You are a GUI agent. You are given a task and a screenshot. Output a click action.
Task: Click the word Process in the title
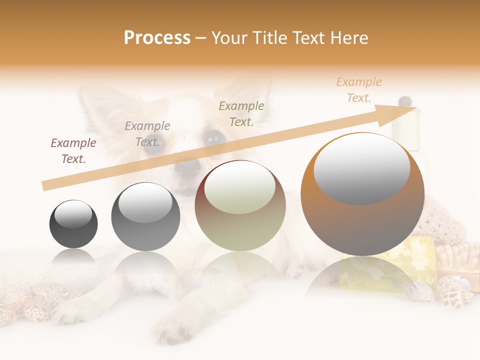coord(157,37)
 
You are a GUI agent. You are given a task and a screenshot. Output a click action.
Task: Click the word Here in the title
coord(348,37)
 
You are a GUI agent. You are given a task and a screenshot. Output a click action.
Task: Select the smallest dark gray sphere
coord(73,224)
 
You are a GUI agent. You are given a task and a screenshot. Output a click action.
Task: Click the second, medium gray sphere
coord(145,217)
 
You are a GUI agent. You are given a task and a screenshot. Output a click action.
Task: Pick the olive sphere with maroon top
coord(240,206)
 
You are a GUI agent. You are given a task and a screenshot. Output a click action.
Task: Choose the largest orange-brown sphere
coord(362,194)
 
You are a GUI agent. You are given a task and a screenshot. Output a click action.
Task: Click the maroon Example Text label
coord(73,151)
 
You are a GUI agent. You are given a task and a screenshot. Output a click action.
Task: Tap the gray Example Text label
coord(147,134)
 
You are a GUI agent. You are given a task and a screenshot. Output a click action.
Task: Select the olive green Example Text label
coord(241,113)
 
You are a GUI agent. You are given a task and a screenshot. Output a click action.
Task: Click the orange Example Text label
coord(359,90)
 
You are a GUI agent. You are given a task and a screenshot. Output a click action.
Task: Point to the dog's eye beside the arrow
coord(214,137)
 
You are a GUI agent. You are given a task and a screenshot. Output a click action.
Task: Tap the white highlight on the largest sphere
coord(361,168)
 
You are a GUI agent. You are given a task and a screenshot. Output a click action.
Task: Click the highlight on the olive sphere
coord(240,188)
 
